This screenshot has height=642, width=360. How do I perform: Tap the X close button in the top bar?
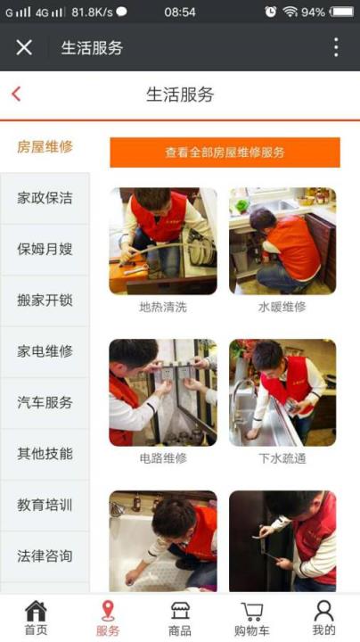click(x=24, y=47)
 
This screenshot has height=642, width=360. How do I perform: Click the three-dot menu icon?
click(x=336, y=47)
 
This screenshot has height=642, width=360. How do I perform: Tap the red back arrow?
click(x=16, y=95)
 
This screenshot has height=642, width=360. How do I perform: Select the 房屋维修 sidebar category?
click(x=45, y=147)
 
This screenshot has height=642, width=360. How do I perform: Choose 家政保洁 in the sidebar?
click(x=45, y=198)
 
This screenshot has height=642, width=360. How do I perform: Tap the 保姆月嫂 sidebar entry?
click(x=45, y=249)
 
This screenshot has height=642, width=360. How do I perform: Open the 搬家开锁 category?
click(x=45, y=300)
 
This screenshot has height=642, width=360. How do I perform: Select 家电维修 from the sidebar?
click(x=45, y=351)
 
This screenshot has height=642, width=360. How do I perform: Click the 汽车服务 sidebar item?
click(x=45, y=403)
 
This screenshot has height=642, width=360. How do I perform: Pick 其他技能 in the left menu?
click(x=45, y=454)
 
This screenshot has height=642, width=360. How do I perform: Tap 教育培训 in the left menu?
click(x=45, y=505)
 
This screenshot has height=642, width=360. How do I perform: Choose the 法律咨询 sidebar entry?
click(x=45, y=556)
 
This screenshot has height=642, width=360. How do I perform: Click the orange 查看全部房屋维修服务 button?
click(x=225, y=152)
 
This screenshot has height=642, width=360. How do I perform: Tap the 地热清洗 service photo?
click(x=162, y=241)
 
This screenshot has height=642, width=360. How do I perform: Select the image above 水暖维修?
click(x=282, y=241)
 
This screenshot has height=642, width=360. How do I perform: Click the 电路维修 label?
click(x=163, y=458)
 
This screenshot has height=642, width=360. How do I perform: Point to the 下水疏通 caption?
click(x=282, y=458)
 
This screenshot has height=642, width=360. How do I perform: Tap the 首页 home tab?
click(x=36, y=618)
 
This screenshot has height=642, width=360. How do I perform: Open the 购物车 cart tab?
click(x=252, y=618)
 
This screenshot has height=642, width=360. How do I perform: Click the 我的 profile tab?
click(x=323, y=618)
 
